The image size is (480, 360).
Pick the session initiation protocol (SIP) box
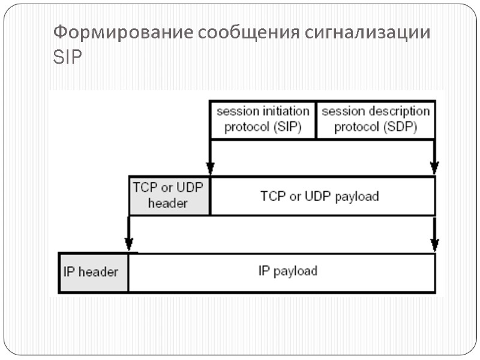(x=263, y=119)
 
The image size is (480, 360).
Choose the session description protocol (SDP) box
(x=376, y=119)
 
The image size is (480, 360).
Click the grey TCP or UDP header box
(x=169, y=196)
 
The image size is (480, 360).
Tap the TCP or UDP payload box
(x=322, y=196)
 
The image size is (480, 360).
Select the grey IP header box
(x=92, y=272)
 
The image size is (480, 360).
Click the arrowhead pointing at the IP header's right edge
(x=128, y=244)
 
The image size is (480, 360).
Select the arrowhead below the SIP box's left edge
(x=210, y=167)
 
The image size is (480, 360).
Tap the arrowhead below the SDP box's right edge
(x=435, y=167)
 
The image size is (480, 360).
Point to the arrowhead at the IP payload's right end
(x=435, y=244)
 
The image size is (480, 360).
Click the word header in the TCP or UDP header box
(x=168, y=203)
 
